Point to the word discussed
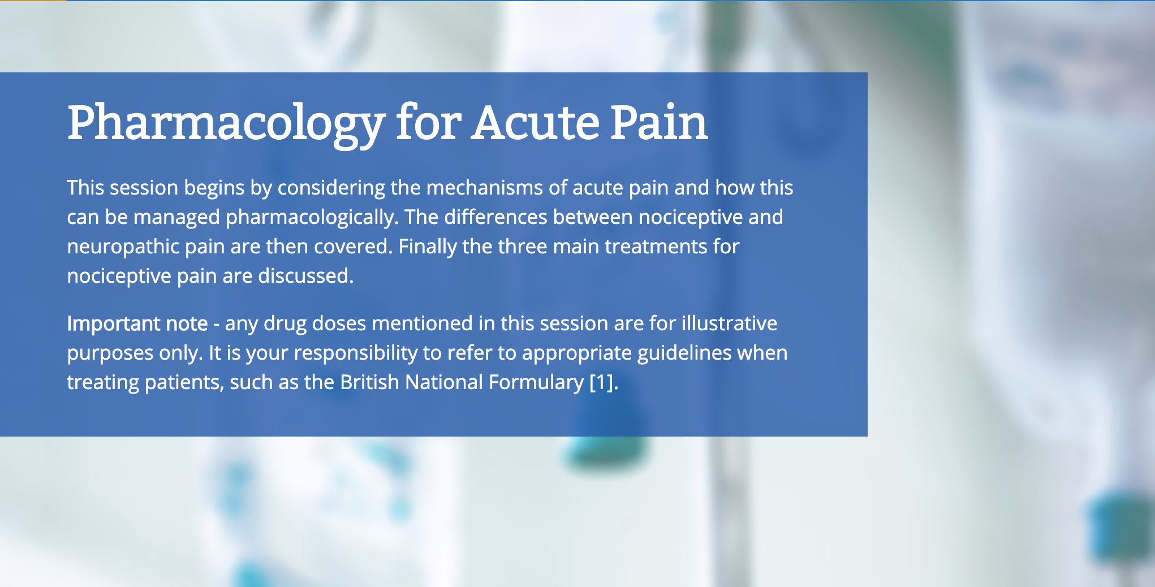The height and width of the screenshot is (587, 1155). coord(305,276)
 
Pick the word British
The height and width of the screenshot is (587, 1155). coord(370,382)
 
